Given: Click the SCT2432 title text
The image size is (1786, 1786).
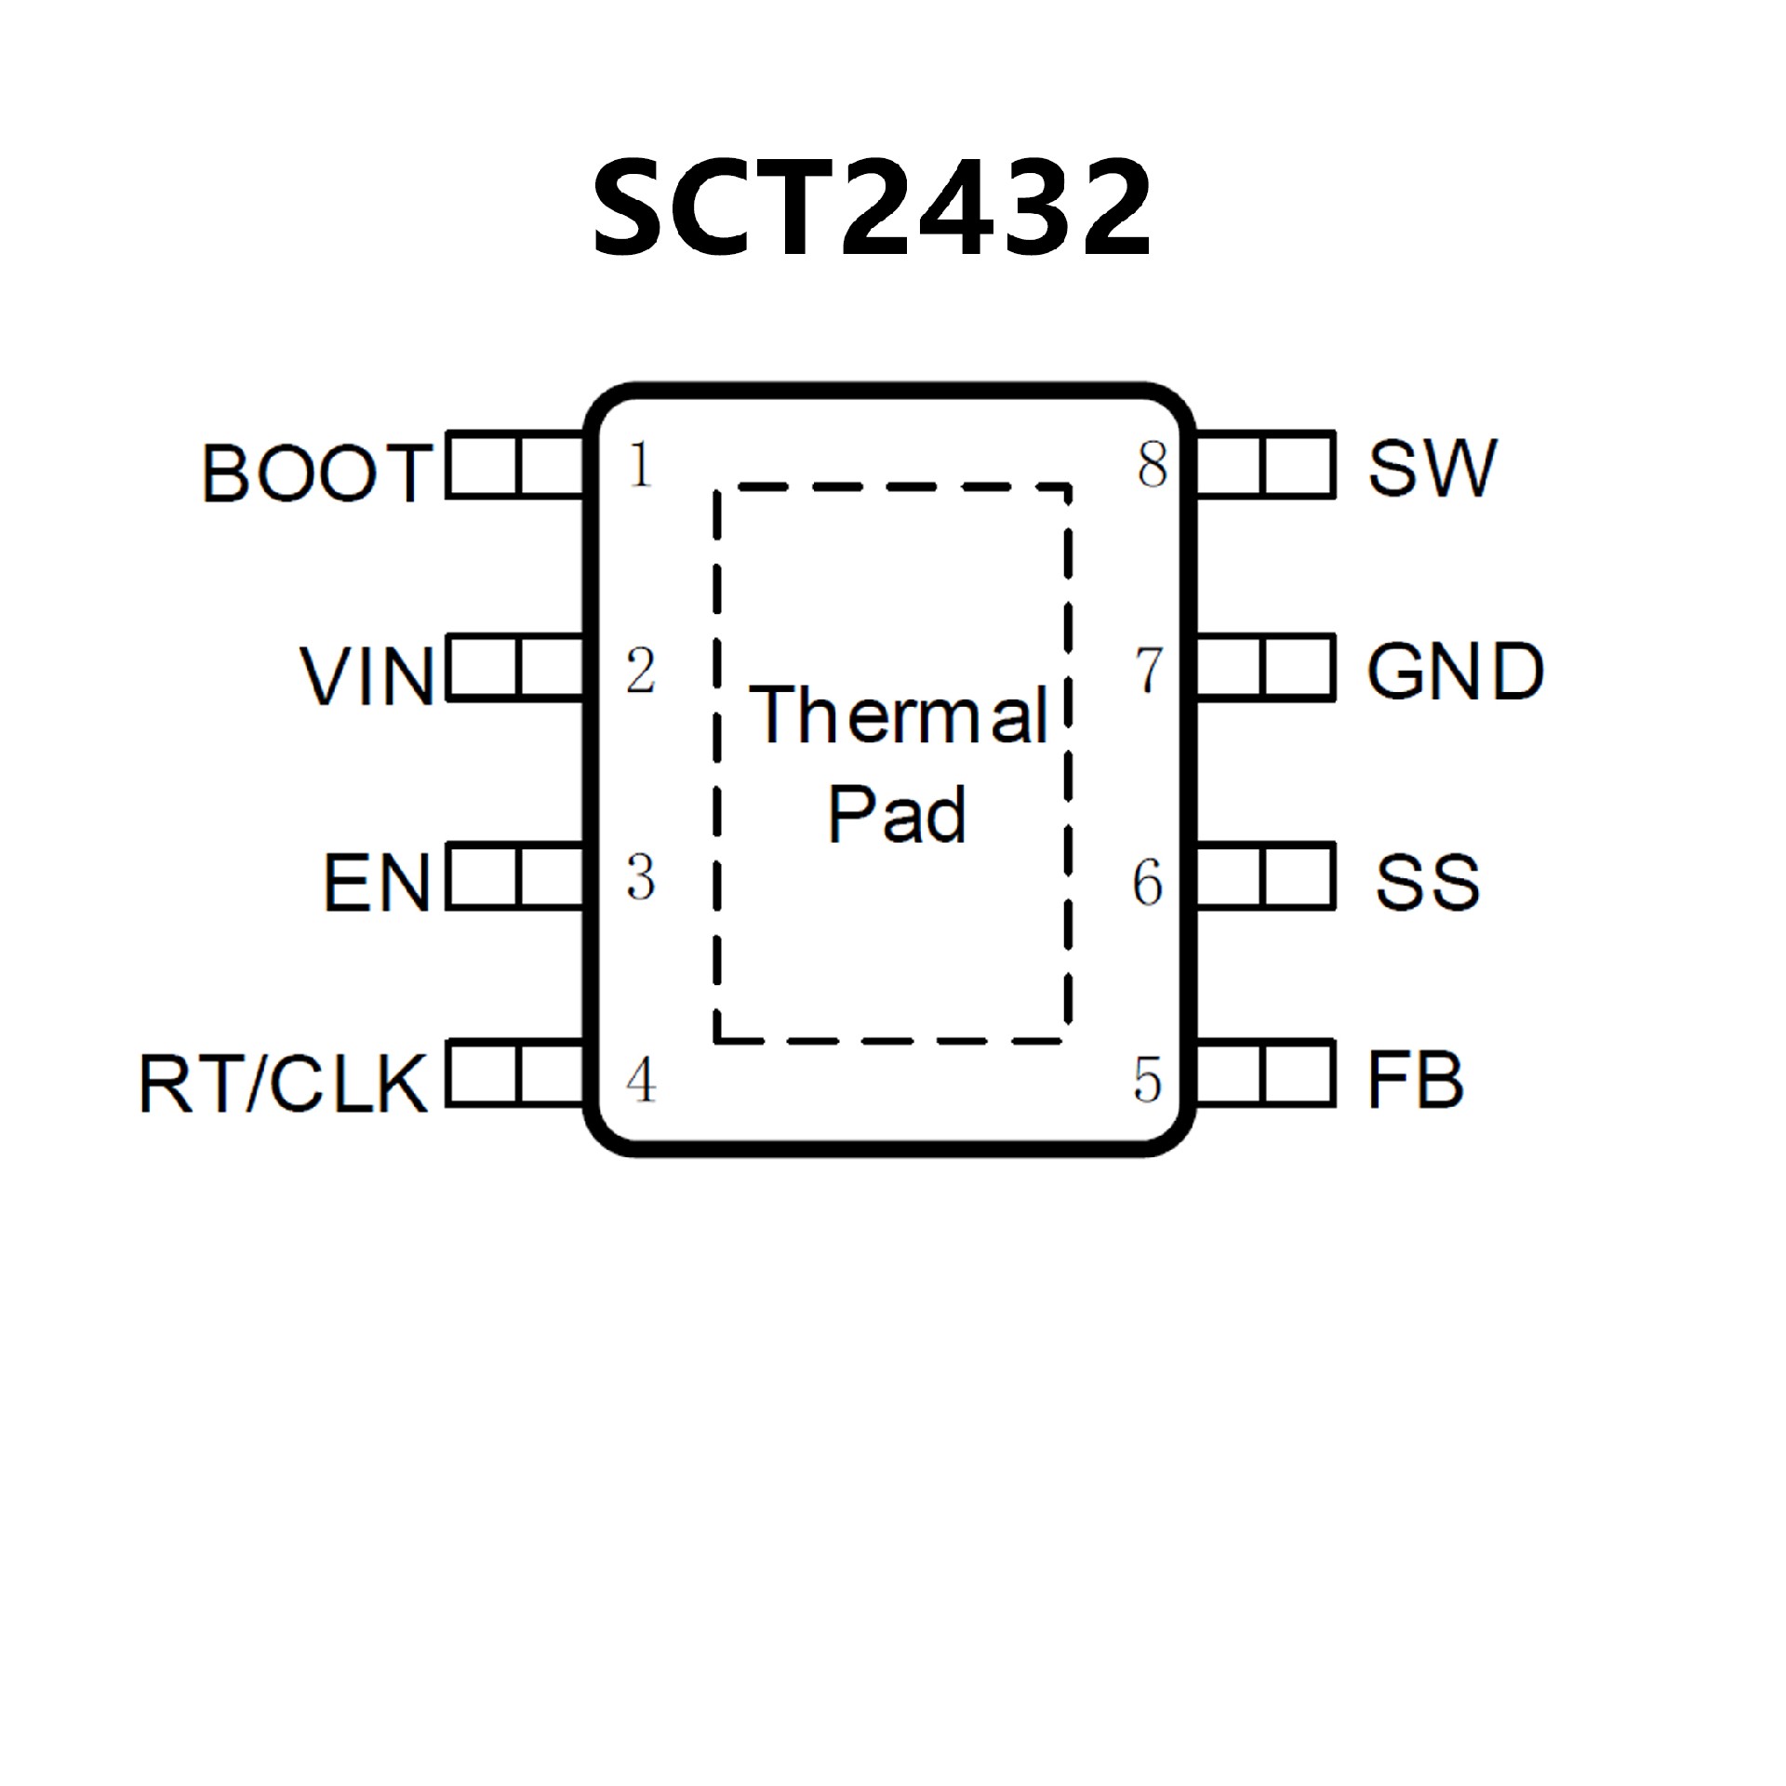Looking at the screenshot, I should [872, 207].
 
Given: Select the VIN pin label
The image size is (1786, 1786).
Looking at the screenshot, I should [367, 676].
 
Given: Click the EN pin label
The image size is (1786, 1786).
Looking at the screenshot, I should [377, 882].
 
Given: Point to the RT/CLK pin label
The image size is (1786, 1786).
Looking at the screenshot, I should [284, 1084].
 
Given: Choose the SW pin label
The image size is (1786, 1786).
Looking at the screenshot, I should [1433, 467].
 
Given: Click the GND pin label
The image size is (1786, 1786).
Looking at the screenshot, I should [1455, 671].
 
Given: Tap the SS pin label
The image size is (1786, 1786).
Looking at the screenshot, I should [1428, 882].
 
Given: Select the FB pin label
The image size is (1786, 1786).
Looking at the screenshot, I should [1416, 1081].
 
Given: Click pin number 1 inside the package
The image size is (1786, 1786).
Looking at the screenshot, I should [640, 465].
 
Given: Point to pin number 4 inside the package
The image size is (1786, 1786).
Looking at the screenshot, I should [641, 1081].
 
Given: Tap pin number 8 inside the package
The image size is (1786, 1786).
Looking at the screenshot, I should [1152, 465].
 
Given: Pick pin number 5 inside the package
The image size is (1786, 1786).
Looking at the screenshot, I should [1148, 1081].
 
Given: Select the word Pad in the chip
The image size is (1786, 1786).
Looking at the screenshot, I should [897, 815].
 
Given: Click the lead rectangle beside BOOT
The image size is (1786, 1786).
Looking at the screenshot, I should [516, 465].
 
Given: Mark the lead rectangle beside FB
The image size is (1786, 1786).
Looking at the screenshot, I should [1265, 1076].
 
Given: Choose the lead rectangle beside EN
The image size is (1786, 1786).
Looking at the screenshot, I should [516, 875].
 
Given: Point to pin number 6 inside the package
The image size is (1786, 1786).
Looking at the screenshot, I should [1148, 882].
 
